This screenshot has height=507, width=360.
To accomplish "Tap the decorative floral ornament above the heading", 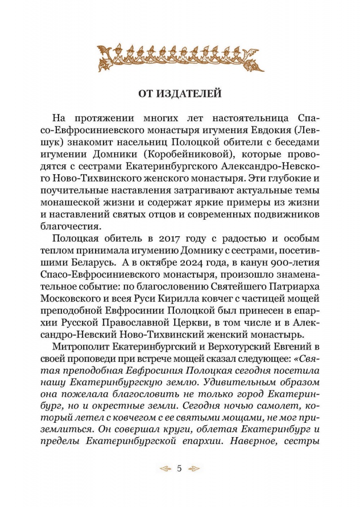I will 179,55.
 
